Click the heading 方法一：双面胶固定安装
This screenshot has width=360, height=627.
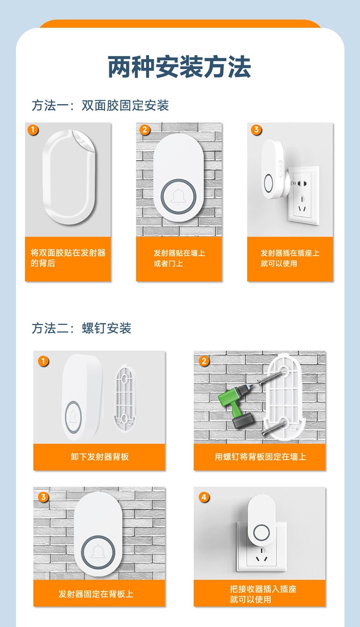pyautogui.click(x=100, y=106)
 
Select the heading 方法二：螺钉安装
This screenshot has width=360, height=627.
pyautogui.click(x=82, y=328)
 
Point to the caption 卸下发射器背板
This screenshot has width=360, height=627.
pyautogui.click(x=99, y=457)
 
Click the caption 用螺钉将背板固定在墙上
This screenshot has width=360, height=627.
pyautogui.click(x=260, y=457)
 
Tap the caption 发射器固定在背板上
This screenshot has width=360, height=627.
pyautogui.click(x=96, y=594)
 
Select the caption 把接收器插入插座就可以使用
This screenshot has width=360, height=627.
pyautogui.click(x=263, y=594)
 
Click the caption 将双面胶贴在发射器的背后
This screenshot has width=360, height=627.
pyautogui.click(x=68, y=258)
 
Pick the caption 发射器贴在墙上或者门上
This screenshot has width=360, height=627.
pyautogui.click(x=179, y=258)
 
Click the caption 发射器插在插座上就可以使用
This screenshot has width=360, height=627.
pyautogui.click(x=290, y=258)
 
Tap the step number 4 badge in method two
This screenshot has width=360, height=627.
pyautogui.click(x=204, y=497)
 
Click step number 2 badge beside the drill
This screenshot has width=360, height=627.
pyautogui.click(x=204, y=361)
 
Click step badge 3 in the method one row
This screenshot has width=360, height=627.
pyautogui.click(x=256, y=130)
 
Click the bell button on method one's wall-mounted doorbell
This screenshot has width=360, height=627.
pyautogui.click(x=179, y=196)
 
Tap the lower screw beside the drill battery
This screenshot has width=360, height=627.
pyautogui.click(x=272, y=428)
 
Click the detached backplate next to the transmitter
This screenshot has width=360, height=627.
pyautogui.click(x=124, y=397)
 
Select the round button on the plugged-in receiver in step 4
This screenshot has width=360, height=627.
pyautogui.click(x=262, y=532)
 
